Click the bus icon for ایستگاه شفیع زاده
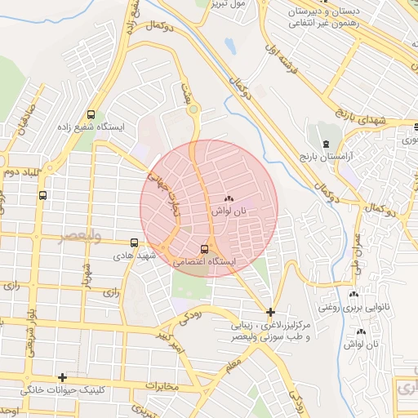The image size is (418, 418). point(90,115)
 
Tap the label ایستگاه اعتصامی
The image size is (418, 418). point(205,261)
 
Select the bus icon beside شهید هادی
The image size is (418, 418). point(134,242)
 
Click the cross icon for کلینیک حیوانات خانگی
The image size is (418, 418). point(62,377)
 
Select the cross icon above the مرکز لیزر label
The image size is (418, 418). point(270,311)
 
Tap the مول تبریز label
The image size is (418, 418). point(226,4)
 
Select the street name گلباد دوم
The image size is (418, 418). point(21,172)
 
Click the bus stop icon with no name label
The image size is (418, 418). point(42,196)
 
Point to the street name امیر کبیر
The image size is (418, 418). point(171,341)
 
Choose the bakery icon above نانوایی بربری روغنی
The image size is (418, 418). point(354,295)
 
